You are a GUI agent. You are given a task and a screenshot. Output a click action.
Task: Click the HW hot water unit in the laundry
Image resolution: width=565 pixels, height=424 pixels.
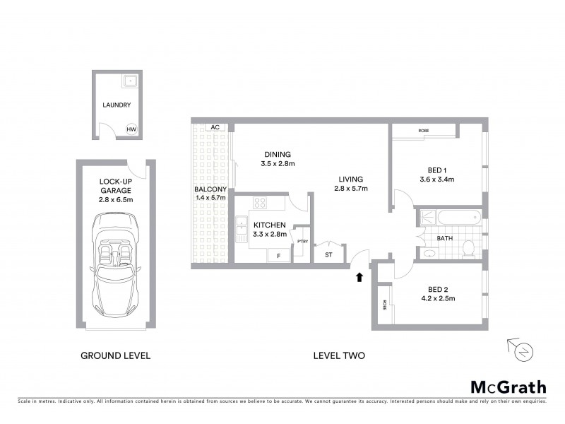130,129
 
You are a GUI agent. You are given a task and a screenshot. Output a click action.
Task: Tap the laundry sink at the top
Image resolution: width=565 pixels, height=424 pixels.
129,82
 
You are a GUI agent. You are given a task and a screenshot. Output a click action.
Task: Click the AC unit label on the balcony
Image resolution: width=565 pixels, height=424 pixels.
215,127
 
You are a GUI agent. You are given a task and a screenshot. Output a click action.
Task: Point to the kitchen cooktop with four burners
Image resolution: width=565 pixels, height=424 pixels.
260,203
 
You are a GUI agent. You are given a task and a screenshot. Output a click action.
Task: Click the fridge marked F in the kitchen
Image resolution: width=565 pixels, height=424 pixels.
278,255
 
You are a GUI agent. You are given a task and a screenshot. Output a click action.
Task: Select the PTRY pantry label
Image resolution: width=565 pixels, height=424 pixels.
302,242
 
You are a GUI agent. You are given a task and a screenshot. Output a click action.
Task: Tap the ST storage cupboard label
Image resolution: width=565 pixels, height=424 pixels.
328,254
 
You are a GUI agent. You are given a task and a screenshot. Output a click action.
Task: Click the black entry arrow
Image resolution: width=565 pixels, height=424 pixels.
360,277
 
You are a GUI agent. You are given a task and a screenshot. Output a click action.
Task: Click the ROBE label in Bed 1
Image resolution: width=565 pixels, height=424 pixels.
424,131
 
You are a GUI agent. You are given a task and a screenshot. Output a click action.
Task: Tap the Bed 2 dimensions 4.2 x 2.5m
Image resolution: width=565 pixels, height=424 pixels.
438,299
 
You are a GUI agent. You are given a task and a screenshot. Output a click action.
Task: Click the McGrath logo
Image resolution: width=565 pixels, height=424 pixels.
508,387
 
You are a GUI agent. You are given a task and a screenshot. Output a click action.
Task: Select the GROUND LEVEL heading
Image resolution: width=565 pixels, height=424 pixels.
115,355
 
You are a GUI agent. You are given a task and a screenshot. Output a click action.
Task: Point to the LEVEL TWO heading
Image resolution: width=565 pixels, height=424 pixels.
339,355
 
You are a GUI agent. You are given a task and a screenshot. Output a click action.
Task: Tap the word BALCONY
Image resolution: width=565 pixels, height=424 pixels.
210,189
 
